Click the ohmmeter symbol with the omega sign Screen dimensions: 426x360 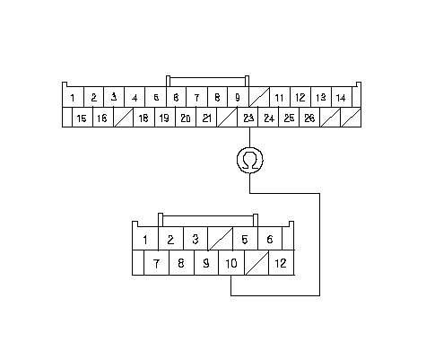point(250,160)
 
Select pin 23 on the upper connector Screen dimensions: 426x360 point(248,118)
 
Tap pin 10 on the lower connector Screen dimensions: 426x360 point(231,263)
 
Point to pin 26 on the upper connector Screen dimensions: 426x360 point(309,118)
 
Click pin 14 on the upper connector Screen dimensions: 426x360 point(342,97)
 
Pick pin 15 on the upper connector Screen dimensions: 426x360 point(83,118)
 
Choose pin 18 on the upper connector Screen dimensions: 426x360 point(143,118)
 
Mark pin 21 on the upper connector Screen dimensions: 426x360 point(206,118)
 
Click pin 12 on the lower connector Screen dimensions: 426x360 point(282,263)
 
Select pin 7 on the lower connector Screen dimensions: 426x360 point(156,263)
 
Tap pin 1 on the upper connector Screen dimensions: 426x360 point(73,97)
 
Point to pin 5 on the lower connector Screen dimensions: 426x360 point(245,239)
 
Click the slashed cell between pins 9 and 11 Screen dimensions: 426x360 point(259,97)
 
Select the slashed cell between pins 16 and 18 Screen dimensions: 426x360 point(124,118)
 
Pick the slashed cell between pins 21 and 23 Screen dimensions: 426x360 point(227,118)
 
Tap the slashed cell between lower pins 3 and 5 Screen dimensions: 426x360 point(220,239)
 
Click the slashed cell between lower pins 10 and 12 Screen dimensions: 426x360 point(256,263)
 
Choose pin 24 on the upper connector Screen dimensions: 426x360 point(268,118)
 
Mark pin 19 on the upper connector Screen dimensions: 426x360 point(165,118)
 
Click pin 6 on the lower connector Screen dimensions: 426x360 point(270,239)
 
